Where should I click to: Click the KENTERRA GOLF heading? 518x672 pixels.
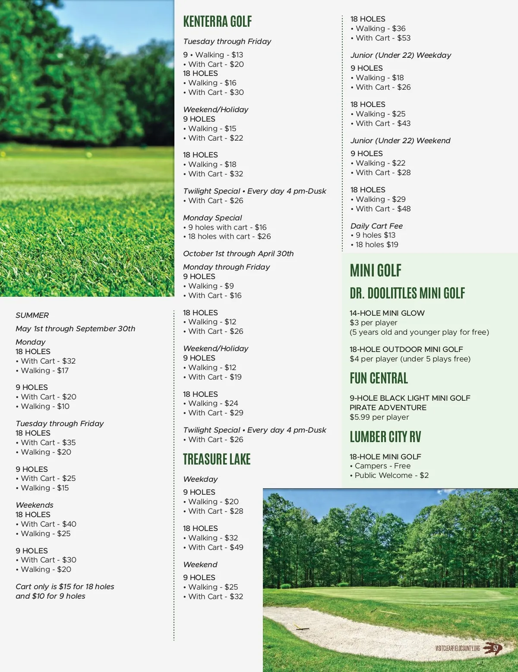coord(217,22)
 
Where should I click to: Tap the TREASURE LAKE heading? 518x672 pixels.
coord(217,459)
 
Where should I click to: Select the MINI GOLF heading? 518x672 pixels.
coord(376,271)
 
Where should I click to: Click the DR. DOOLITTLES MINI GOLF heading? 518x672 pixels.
coord(407,293)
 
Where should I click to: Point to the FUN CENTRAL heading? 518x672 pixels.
coord(379,378)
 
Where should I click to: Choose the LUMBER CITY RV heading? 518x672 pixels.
coord(385,437)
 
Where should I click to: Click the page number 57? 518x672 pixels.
coord(496,648)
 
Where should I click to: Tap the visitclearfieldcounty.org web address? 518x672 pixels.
coord(458,648)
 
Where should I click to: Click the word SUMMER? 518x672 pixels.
coord(32,315)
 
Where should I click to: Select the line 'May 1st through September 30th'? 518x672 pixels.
coord(76,329)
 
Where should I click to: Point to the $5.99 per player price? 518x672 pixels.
coord(379,417)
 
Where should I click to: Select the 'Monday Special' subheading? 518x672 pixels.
coord(212,218)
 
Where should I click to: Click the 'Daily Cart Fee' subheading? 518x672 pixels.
coord(376,226)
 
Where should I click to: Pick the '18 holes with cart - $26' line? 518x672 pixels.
coord(229,236)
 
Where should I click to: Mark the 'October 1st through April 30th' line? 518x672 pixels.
coord(238,254)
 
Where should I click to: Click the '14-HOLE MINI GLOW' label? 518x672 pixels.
coord(387,313)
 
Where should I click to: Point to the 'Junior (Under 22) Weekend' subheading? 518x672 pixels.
coord(400,141)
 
